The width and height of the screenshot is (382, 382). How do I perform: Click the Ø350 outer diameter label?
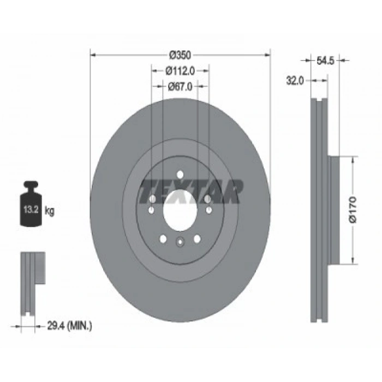tap(180, 55)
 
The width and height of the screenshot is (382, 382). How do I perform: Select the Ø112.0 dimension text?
tap(180, 71)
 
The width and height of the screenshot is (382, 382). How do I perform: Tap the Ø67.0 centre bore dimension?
tap(180, 86)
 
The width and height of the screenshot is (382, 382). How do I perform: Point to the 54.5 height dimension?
tap(325, 61)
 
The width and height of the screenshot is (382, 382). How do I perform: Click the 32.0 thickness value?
tap(295, 80)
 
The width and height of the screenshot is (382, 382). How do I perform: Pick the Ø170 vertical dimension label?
tap(353, 210)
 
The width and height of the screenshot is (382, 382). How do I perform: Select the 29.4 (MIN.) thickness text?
tap(69, 325)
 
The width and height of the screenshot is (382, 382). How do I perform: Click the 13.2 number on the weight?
tap(31, 209)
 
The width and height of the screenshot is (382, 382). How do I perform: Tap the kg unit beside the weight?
tap(50, 211)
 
